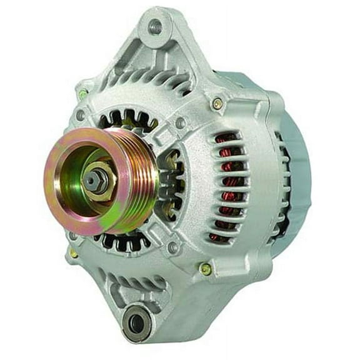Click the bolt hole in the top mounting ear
coord(154,27)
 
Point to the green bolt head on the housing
coord(83,94)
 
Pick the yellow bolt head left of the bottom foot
coord(74,253)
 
